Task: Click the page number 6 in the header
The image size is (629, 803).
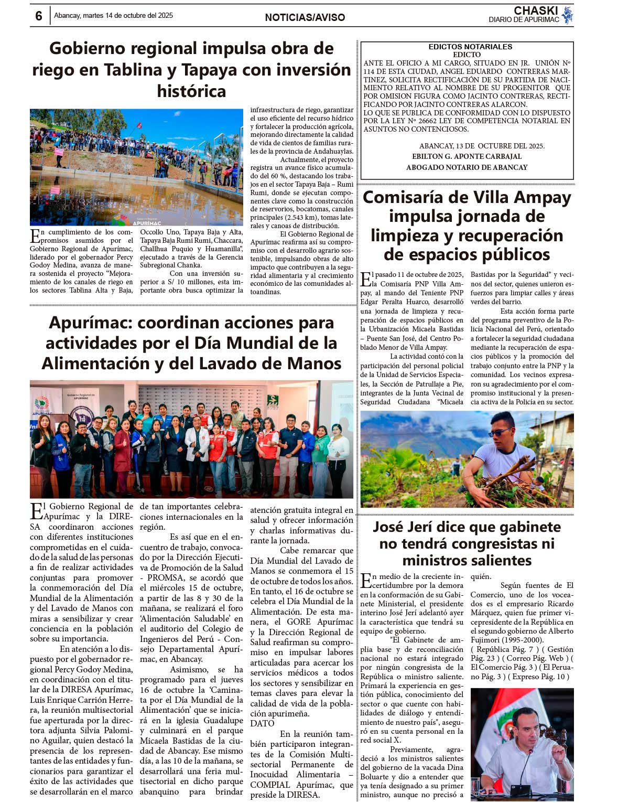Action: point(38,16)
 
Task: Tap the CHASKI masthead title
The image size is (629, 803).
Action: point(535,10)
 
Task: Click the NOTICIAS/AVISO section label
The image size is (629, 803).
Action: point(305,17)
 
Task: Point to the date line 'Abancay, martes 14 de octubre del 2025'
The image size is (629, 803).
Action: point(113,16)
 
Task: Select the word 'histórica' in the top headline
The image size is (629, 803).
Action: point(191,91)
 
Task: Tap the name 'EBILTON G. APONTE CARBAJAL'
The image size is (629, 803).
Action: point(467,156)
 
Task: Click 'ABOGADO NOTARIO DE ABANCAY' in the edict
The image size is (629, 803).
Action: point(467,167)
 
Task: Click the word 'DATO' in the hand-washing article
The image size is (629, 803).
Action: point(262,723)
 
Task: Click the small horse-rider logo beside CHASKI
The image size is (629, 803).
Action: point(567,15)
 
